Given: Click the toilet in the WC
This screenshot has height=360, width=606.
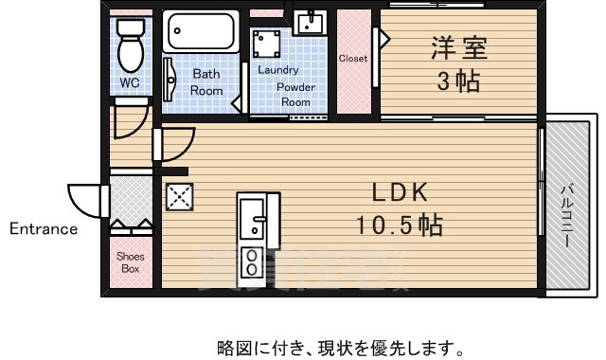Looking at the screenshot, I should [129, 41].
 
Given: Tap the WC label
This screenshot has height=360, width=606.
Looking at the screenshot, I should [129, 83].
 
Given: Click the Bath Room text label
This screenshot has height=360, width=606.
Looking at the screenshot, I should [207, 82].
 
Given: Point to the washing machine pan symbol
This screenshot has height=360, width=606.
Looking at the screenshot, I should [265, 44].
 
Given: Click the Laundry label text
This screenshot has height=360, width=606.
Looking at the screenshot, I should [277, 70].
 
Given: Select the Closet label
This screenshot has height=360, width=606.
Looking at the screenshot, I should [353, 59].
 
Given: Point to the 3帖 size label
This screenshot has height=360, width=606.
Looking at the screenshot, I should [457, 81].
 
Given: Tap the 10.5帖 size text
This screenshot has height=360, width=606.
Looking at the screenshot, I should [400, 225].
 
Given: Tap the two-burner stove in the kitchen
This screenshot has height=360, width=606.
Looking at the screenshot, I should [254, 261].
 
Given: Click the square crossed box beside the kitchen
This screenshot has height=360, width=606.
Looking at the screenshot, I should [178, 196].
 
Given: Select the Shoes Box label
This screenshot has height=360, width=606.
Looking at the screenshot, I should [129, 262].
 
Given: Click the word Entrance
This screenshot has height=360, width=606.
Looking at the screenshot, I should [44, 228].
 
